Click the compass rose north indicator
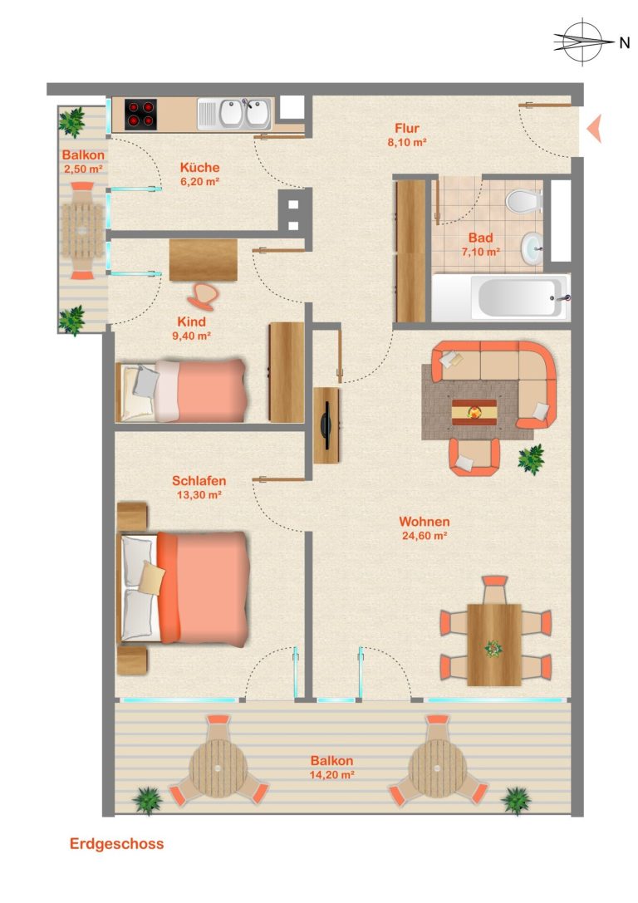click(583, 42)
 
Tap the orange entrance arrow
click(594, 128)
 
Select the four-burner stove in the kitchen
click(140, 114)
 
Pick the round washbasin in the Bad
click(532, 248)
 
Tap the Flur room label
click(407, 128)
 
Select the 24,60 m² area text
click(425, 536)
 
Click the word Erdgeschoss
click(117, 844)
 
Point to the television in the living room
click(326, 425)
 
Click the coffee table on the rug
click(474, 412)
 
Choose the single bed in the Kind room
click(181, 391)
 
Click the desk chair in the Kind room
click(203, 294)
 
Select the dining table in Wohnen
click(494, 645)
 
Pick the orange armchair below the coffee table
click(474, 457)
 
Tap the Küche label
click(200, 168)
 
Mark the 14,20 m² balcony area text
click(331, 774)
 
